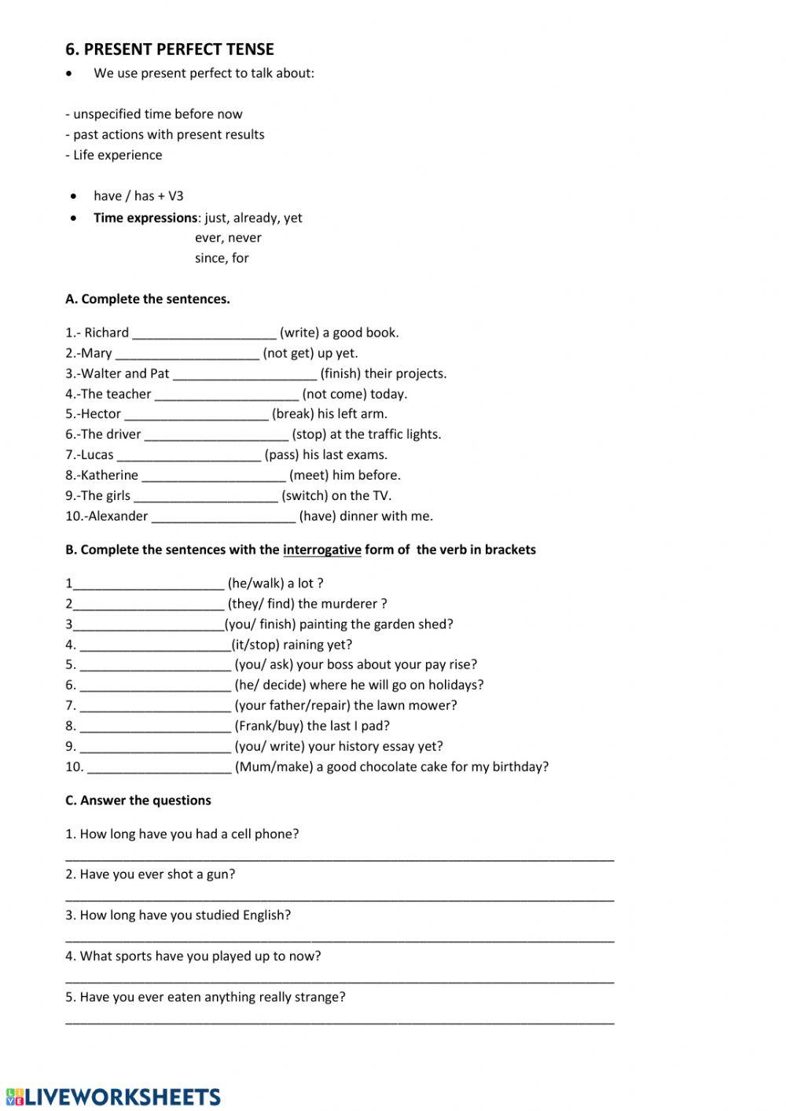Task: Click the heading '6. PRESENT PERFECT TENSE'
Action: point(170,50)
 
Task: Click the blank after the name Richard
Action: point(204,333)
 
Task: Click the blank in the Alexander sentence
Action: point(223,517)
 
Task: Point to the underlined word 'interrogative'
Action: point(321,550)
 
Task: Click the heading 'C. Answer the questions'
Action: point(138,800)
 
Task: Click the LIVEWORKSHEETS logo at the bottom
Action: point(113,1096)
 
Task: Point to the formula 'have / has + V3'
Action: point(138,196)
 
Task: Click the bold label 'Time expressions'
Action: point(145,218)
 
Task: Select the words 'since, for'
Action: point(222,258)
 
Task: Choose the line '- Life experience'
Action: point(114,155)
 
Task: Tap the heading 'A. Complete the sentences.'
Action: point(148,299)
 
